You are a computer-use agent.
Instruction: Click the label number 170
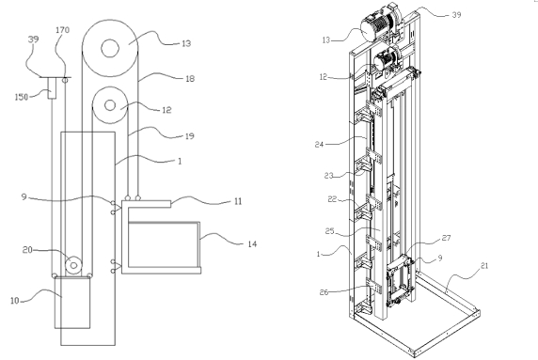pos(62,30)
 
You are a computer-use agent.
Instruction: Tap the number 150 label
pos(22,97)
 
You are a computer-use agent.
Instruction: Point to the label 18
pos(190,79)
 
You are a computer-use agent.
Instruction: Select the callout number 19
pos(189,136)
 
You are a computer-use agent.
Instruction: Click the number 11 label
pos(238,201)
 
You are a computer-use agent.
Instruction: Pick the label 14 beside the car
pos(252,244)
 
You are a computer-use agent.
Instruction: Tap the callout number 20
pos(27,250)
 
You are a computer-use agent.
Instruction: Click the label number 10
pos(14,301)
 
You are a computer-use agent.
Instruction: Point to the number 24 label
pos(320,145)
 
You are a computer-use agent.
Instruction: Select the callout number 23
pos(329,176)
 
